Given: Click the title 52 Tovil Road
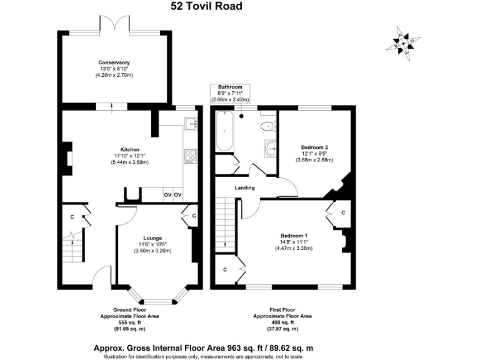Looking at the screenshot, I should [x=206, y=7].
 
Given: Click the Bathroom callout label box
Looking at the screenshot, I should [x=230, y=93].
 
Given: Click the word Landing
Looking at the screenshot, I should [x=244, y=187].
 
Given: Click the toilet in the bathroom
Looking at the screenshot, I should [x=267, y=126].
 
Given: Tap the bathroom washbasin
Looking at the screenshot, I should [x=270, y=148].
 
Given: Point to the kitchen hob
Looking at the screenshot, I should [x=190, y=156].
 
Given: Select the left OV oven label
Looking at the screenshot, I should [x=167, y=195].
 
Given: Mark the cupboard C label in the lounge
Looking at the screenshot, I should [x=194, y=216].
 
